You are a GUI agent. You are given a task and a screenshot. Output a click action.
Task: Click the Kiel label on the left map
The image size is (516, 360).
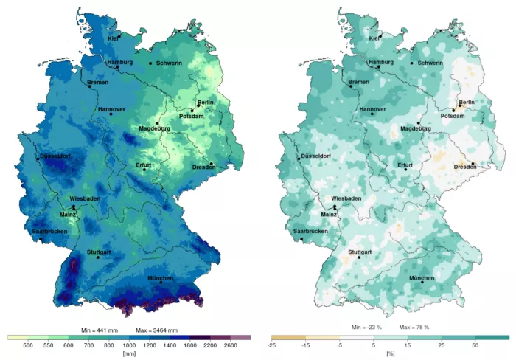[114, 38]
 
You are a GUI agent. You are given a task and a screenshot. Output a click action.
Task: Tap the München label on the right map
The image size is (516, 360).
[422, 277]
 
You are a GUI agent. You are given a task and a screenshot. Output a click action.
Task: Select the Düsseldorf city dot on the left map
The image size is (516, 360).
[38, 158]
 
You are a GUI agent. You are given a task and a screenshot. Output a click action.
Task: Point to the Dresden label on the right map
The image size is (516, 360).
[463, 167]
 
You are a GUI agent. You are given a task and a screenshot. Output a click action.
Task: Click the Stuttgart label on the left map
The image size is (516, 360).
[99, 252]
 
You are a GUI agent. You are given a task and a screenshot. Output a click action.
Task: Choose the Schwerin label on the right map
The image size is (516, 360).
[430, 63]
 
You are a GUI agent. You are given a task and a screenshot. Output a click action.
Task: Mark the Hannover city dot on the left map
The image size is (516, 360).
[111, 114]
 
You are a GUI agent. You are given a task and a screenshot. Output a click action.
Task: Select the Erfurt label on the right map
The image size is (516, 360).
[405, 165]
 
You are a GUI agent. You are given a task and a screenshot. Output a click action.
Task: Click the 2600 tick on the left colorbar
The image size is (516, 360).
[231, 345]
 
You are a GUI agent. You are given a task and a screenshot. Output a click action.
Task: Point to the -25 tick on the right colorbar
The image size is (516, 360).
[272, 345]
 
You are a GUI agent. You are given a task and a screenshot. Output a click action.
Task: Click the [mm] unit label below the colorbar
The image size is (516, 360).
[130, 353]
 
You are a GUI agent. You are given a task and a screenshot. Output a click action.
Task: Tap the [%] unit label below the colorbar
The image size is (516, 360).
[391, 353]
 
